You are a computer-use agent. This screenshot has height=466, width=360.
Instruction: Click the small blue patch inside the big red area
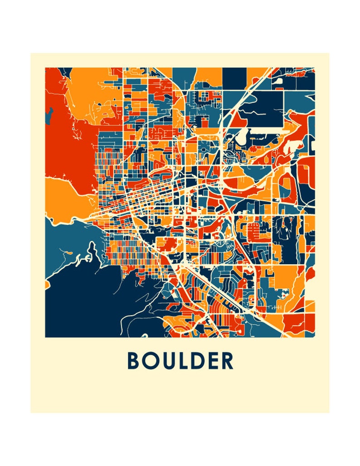point(49,116)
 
